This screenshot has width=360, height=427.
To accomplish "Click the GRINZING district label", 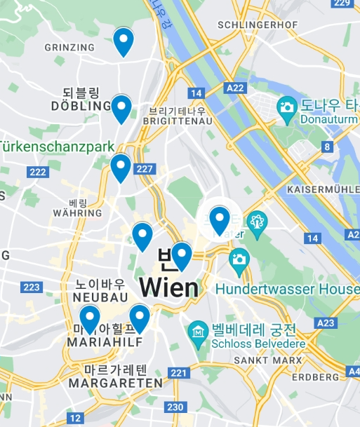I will (69, 47).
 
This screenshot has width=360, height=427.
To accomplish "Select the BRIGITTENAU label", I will (177, 121).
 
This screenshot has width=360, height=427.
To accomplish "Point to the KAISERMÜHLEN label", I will (323, 190).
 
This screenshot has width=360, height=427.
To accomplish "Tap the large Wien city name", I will (169, 287).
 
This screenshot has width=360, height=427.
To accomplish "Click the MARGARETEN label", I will (115, 383).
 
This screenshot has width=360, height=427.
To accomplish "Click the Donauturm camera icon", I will (286, 107).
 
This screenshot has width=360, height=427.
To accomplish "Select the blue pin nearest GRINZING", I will (124, 41).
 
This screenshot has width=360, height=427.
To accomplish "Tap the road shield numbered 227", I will (145, 169).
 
